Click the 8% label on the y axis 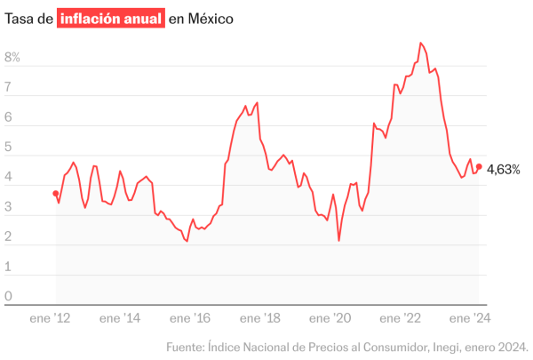[x=12, y=58]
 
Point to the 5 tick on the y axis [x=8, y=148]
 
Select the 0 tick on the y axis [x=8, y=297]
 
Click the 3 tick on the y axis [x=8, y=207]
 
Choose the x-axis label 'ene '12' [x=50, y=317]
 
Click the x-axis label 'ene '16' [x=190, y=317]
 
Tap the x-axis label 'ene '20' [x=331, y=317]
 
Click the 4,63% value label [x=504, y=168]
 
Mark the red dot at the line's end [x=480, y=166]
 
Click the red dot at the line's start [x=56, y=193]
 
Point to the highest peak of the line [x=421, y=43]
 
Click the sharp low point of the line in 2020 [x=339, y=240]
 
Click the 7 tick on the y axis [x=8, y=88]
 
